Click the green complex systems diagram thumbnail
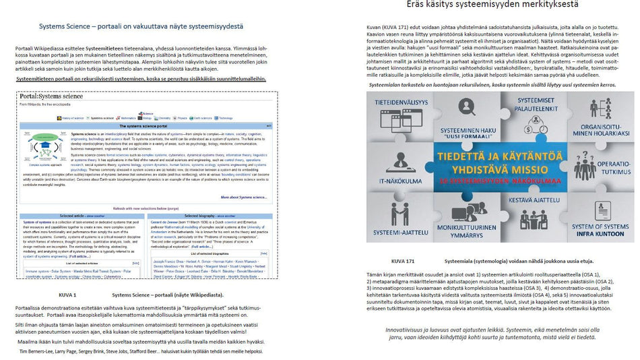(45, 146)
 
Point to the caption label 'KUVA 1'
(67, 295)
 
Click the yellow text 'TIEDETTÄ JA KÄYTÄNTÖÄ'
(500, 155)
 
